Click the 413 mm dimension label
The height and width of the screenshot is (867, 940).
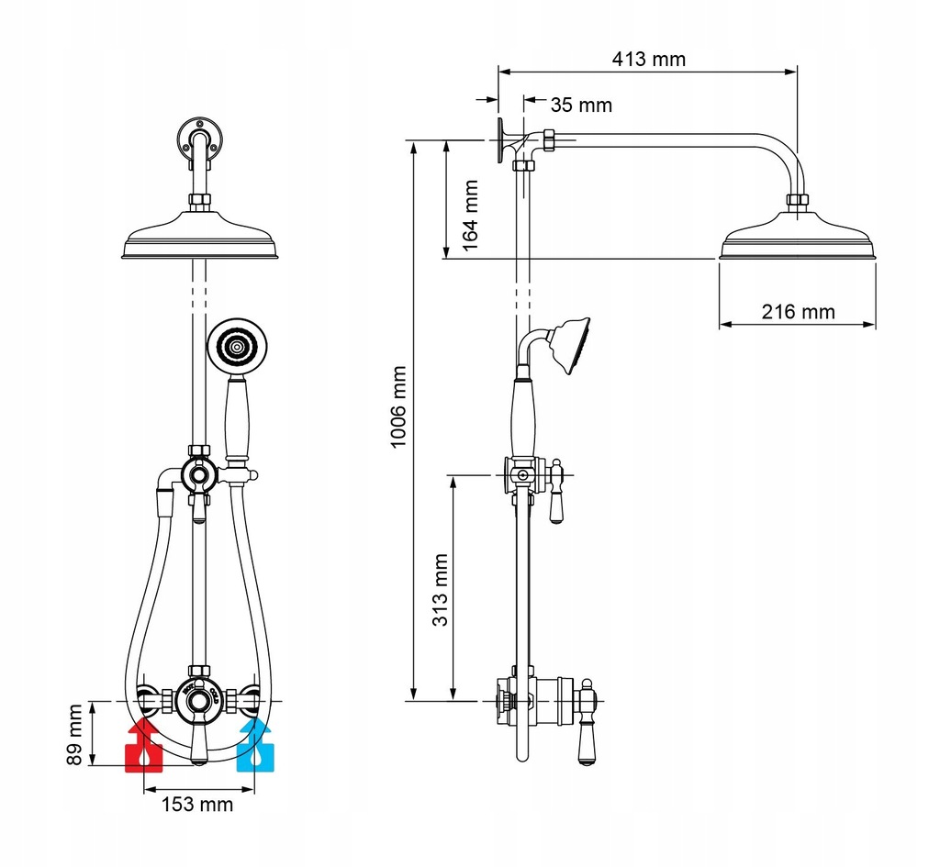pos(648,60)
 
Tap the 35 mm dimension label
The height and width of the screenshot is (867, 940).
pos(581,105)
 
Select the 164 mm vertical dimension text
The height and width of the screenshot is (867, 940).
pos(470,215)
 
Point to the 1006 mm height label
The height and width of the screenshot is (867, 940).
pos(398,406)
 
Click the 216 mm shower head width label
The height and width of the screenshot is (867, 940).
pos(798,312)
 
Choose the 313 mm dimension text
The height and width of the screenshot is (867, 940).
pos(440,590)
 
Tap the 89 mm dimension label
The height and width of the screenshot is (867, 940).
pos(73,734)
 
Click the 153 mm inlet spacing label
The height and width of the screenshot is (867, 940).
pos(196,804)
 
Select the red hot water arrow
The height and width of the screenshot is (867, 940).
pos(144,745)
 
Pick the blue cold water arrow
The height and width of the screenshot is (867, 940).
pos(255,745)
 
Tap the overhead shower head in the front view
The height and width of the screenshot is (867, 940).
pos(200,234)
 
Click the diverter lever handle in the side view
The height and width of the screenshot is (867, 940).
pos(556,492)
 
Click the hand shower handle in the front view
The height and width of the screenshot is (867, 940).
pos(237,418)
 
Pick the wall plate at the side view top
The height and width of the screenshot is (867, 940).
pos(500,139)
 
